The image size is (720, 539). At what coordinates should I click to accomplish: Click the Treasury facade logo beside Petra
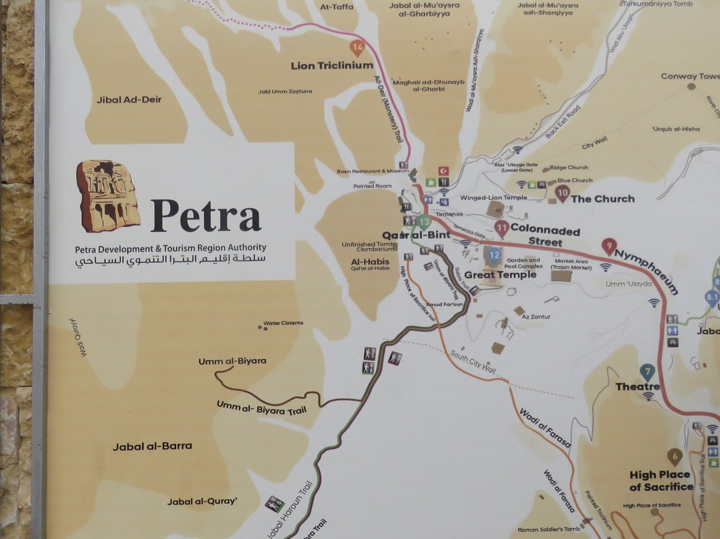point(108,196)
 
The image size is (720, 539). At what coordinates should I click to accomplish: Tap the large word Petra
point(205,215)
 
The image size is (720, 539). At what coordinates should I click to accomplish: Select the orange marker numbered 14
point(358,47)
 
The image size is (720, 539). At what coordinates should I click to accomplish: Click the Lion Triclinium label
point(331,65)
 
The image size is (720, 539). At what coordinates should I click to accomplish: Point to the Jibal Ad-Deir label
point(129,100)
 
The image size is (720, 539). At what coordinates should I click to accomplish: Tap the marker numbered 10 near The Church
point(562,193)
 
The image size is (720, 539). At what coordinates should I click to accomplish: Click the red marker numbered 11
point(502,229)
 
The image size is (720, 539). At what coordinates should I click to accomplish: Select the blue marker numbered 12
point(494,254)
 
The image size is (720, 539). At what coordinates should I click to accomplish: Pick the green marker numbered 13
point(425,222)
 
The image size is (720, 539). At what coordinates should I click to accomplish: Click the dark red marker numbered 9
point(608,245)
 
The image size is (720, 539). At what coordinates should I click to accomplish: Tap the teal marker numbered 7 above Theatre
point(647,372)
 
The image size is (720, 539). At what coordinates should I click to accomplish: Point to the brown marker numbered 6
point(675,456)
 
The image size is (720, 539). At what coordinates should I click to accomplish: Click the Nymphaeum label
point(646,272)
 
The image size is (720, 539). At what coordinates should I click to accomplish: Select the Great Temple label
point(500,275)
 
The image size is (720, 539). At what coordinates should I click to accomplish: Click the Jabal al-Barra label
point(152,446)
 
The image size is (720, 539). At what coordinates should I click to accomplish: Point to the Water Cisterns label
point(283,323)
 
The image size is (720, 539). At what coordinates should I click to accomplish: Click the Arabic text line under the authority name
point(170,259)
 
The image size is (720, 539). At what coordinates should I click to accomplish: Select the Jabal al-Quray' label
point(203,501)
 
